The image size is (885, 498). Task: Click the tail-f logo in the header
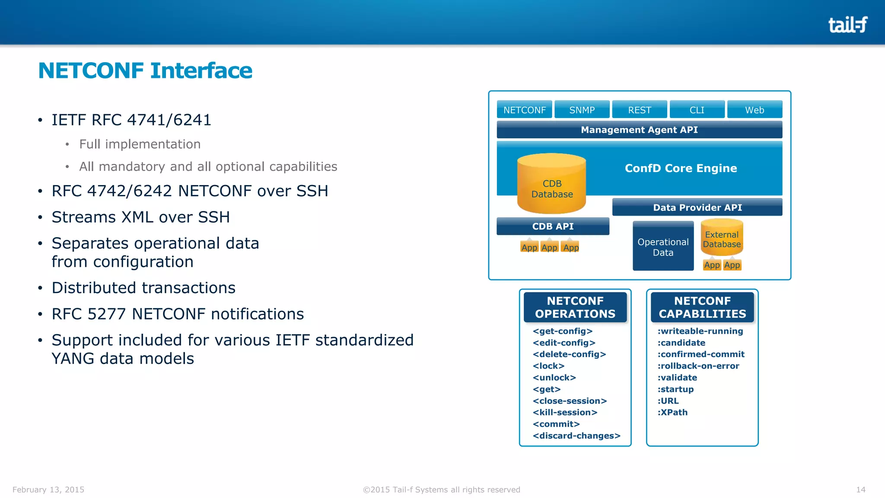[847, 25]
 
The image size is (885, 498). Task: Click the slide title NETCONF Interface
[145, 70]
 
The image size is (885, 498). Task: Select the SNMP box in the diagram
[582, 110]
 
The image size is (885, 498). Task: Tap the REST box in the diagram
[639, 110]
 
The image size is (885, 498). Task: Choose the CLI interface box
[697, 110]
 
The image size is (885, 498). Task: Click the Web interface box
[754, 110]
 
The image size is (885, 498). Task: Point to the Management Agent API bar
[639, 130]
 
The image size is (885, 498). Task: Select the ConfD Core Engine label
[681, 168]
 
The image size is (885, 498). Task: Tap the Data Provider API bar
[697, 207]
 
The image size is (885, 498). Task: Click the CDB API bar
[553, 227]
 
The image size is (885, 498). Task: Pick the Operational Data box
[663, 247]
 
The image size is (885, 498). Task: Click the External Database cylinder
[722, 238]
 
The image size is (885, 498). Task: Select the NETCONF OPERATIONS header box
[575, 307]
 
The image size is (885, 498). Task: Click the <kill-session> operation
[565, 412]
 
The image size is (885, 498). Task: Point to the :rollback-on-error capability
[698, 366]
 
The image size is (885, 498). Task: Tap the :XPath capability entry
[672, 412]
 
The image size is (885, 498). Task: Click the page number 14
[860, 489]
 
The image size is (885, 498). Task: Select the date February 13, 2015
[48, 489]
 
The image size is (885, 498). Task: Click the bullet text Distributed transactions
[143, 288]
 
